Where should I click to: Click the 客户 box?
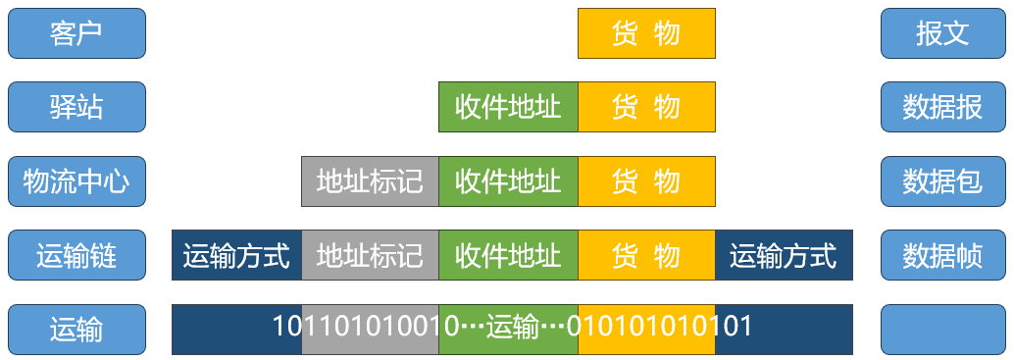[76, 33]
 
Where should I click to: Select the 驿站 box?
[76, 107]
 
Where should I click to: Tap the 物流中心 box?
[76, 181]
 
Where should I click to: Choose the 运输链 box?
[76, 256]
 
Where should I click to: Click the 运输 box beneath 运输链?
[76, 330]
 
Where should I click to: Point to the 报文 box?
[943, 33]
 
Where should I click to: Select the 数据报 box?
[943, 107]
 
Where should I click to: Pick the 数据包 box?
[943, 181]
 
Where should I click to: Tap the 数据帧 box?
[943, 256]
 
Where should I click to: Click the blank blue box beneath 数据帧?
[943, 330]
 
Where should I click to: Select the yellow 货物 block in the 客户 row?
[646, 33]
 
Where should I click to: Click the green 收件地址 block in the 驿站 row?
[508, 107]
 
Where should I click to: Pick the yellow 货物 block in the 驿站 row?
[646, 107]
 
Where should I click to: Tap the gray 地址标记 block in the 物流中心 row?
[370, 181]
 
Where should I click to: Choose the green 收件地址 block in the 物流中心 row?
[508, 181]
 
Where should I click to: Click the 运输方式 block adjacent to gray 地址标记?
[236, 256]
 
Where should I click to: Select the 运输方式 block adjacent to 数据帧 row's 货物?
[784, 256]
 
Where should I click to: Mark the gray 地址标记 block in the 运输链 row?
[370, 256]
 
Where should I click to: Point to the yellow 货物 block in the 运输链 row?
[646, 256]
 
